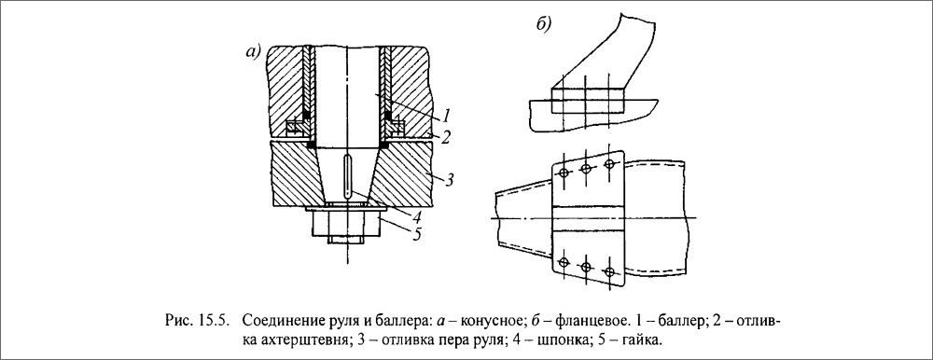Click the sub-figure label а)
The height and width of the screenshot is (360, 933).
click(x=253, y=52)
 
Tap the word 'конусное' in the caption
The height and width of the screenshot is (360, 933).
click(x=466, y=321)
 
